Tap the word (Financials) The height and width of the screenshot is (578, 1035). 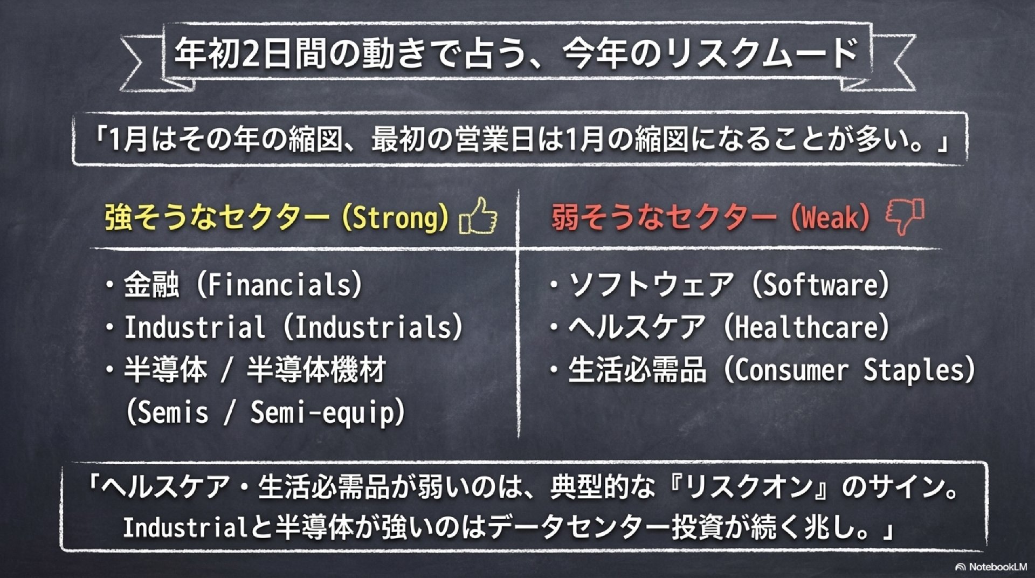click(279, 285)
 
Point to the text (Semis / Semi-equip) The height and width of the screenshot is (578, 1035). click(265, 413)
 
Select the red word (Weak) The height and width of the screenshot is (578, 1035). click(830, 218)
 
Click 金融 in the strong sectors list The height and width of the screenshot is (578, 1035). click(151, 285)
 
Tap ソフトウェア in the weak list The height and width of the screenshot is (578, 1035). click(652, 285)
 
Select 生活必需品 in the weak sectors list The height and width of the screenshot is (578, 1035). click(637, 370)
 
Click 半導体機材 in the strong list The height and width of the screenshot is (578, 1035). click(316, 370)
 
